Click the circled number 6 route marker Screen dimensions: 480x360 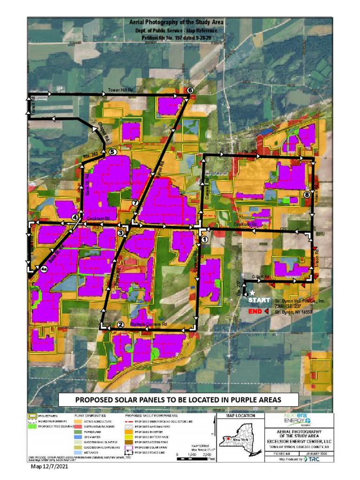click(x=190, y=90)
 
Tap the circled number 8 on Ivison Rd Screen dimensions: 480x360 click(x=307, y=195)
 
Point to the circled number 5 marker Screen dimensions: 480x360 click(x=112, y=152)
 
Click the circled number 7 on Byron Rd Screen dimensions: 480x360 click(x=135, y=202)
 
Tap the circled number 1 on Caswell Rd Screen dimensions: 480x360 click(x=204, y=239)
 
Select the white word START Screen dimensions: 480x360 click(x=259, y=300)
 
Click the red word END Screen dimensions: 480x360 click(x=255, y=311)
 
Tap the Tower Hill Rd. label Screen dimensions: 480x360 click(x=121, y=90)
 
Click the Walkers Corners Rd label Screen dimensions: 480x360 click(x=149, y=324)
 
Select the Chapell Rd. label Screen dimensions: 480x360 click(x=104, y=132)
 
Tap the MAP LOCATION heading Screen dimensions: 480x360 click(x=240, y=415)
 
